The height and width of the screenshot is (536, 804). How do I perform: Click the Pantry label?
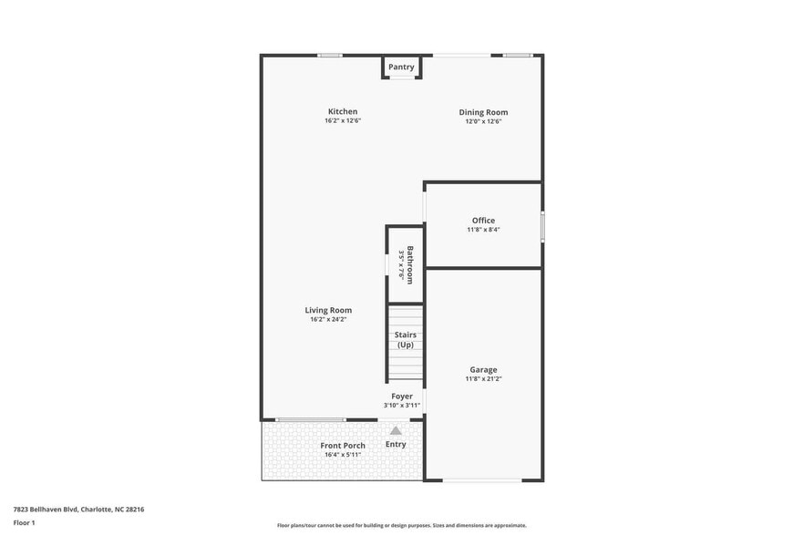tap(401, 67)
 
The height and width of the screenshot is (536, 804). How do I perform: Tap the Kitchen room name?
tap(343, 112)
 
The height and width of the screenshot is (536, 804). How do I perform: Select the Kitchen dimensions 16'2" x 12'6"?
tap(343, 121)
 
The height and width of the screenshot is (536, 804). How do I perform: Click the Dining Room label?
tap(483, 112)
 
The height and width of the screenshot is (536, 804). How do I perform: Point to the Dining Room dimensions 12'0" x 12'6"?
tap(483, 121)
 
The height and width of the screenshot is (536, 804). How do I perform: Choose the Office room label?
tap(483, 221)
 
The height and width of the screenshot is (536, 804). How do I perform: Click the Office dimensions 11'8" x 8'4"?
tap(483, 230)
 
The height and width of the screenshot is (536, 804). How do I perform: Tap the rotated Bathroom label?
tap(410, 265)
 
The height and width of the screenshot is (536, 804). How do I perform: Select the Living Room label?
tap(328, 310)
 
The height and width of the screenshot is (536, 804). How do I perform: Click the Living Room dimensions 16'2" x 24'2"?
tap(328, 319)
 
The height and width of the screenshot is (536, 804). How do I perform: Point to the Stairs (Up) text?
tap(406, 339)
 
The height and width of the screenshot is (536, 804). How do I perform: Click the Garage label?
tap(483, 370)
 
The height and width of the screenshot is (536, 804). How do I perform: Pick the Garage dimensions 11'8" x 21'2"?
tap(483, 379)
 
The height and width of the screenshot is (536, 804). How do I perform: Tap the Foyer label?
tap(402, 397)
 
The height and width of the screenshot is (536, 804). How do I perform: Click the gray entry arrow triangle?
tap(396, 430)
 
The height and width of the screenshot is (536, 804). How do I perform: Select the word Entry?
tap(396, 444)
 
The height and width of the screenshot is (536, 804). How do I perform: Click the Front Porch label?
tap(343, 446)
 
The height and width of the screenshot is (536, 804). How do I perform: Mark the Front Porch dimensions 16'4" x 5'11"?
tap(343, 455)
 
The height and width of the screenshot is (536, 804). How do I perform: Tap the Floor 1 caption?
tap(25, 522)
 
